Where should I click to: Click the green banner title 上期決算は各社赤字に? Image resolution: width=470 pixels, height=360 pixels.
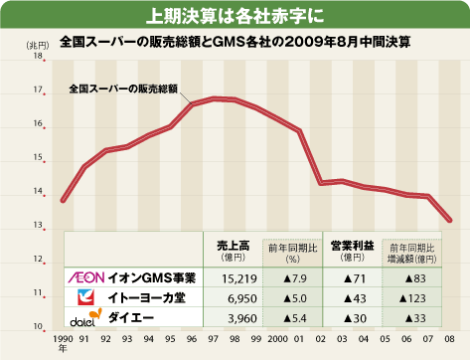tap(235, 14)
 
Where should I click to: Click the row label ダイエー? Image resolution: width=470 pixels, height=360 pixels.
tap(129, 319)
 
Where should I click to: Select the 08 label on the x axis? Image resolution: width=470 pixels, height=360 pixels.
tap(450, 339)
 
